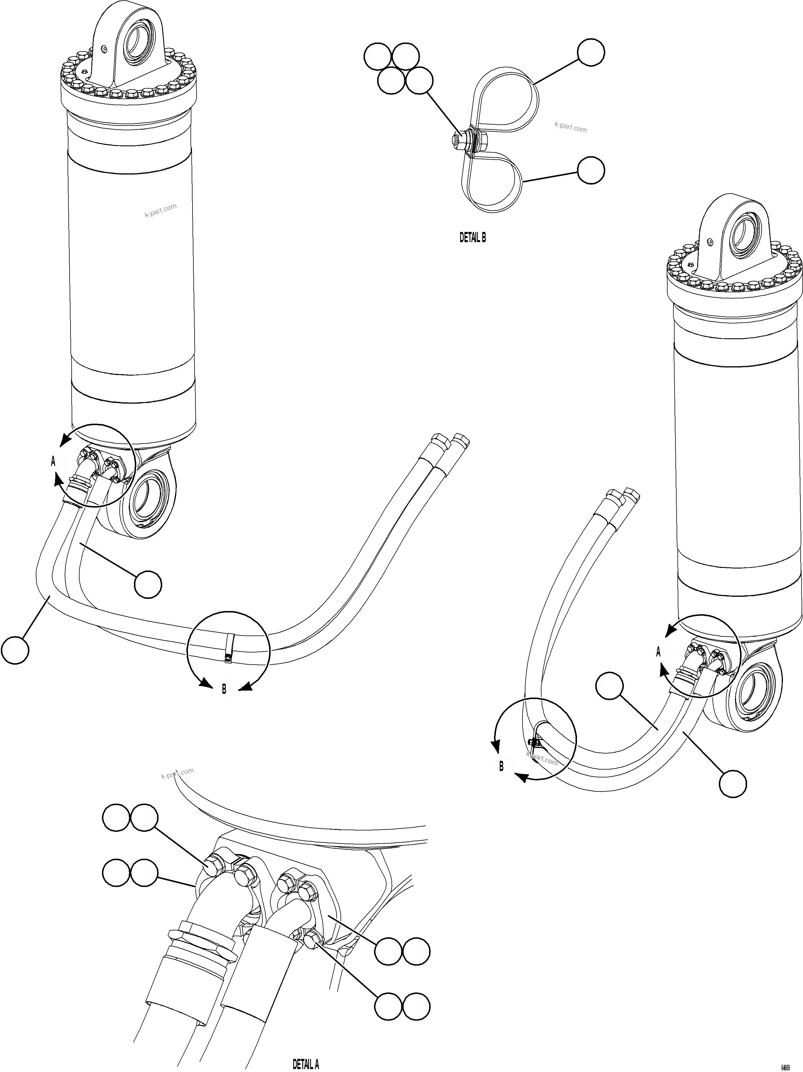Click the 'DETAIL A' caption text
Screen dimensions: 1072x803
pos(306,1064)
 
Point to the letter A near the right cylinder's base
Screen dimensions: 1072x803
pos(658,652)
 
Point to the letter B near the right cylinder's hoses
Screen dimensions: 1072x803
pos(501,766)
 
